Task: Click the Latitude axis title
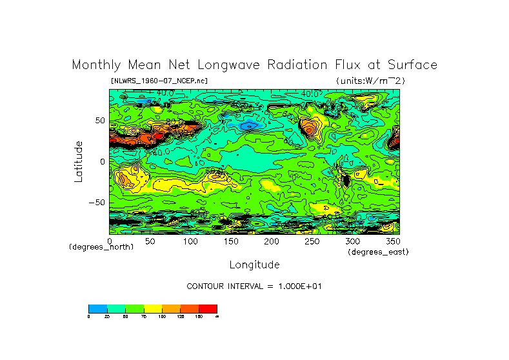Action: pyautogui.click(x=78, y=161)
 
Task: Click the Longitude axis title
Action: pyautogui.click(x=254, y=265)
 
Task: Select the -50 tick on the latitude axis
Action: pyautogui.click(x=96, y=203)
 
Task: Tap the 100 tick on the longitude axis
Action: pyautogui.click(x=190, y=241)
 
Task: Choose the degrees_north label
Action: pyautogui.click(x=101, y=247)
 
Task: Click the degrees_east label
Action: pyautogui.click(x=378, y=252)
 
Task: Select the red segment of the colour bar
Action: pyautogui.click(x=208, y=308)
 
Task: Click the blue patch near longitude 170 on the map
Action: pyautogui.click(x=248, y=125)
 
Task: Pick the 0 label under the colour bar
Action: pyautogui.click(x=89, y=316)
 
